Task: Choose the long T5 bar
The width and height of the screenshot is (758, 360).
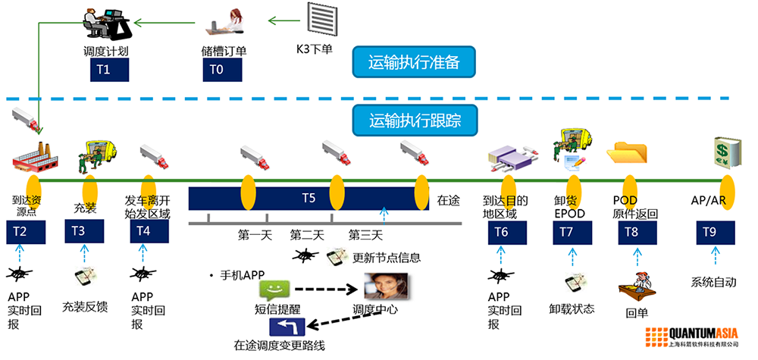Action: pyautogui.click(x=308, y=199)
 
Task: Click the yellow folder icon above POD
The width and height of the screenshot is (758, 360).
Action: pyautogui.click(x=627, y=153)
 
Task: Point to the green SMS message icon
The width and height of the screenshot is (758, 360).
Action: pyautogui.click(x=274, y=290)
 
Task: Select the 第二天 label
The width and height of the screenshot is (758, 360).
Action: pyautogui.click(x=307, y=234)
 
